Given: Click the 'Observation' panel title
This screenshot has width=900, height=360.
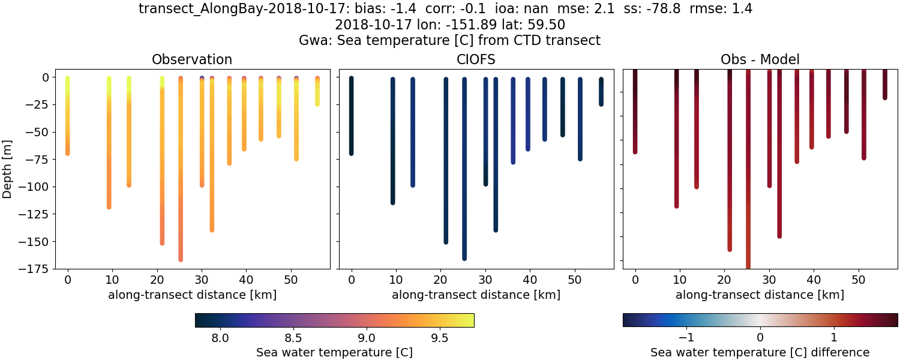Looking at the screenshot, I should (192, 59).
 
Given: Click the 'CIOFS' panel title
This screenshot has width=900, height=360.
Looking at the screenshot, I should (476, 59).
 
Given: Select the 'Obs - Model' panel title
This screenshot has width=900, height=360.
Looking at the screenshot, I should (760, 59).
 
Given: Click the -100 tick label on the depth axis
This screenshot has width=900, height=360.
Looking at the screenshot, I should (36, 187).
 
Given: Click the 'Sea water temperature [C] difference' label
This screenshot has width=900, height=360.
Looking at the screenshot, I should (760, 352).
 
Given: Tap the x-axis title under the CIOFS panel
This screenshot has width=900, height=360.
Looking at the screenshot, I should (476, 295).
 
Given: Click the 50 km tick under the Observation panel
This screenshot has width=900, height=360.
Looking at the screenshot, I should (291, 280).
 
